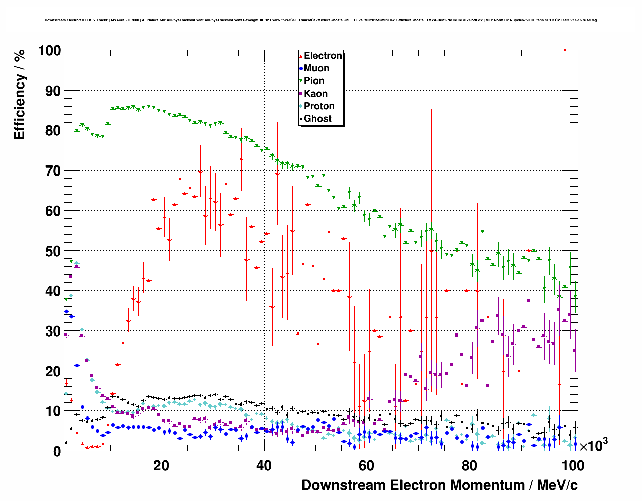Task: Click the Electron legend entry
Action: pyautogui.click(x=323, y=56)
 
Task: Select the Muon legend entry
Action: pyautogui.click(x=316, y=68)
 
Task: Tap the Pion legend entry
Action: pyautogui.click(x=314, y=81)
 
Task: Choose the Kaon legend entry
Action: pyautogui.click(x=315, y=94)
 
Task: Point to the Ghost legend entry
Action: pyautogui.click(x=317, y=119)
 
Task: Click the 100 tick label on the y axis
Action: pyautogui.click(x=49, y=51)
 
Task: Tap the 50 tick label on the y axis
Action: pyautogui.click(x=53, y=251)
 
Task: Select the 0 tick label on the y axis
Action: pyautogui.click(x=57, y=452)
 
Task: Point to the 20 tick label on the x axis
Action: pyautogui.click(x=161, y=466)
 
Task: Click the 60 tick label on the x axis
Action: pyautogui.click(x=367, y=466)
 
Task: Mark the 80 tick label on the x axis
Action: pyautogui.click(x=469, y=466)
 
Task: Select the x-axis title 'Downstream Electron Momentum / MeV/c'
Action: pyautogui.click(x=439, y=485)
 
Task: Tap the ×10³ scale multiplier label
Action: pyautogui.click(x=593, y=445)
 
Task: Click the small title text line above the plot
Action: pyautogui.click(x=320, y=20)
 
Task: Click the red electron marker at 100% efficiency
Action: pyautogui.click(x=565, y=50)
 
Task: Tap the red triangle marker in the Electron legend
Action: pyautogui.click(x=301, y=56)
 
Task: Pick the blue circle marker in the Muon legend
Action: pyautogui.click(x=301, y=68)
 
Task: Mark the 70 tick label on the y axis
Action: pyautogui.click(x=53, y=171)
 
